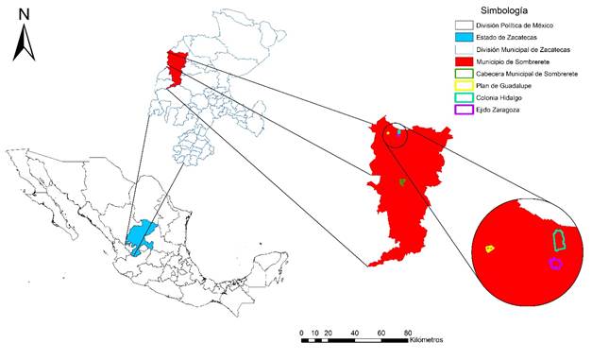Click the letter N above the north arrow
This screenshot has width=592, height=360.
[24, 14]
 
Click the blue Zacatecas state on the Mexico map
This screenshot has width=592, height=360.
[142, 237]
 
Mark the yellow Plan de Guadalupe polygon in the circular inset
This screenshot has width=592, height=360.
[490, 249]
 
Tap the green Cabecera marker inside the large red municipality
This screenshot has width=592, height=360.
[402, 181]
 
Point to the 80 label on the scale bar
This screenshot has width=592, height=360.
[407, 333]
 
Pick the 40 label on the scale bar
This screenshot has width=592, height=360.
[354, 333]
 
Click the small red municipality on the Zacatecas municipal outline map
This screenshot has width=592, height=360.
[176, 66]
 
